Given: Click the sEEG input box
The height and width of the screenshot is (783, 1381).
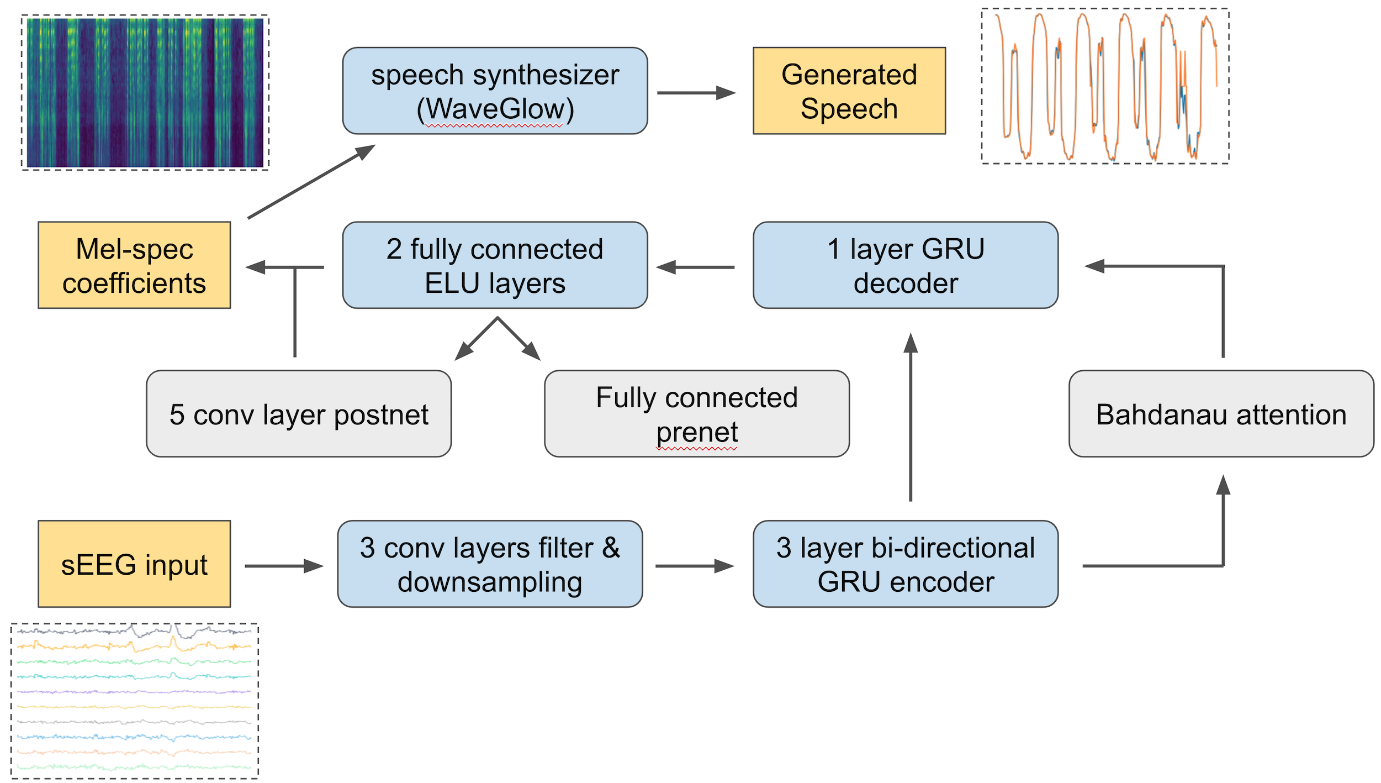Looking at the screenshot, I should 134,564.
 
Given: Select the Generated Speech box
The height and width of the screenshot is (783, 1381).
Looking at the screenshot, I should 849,91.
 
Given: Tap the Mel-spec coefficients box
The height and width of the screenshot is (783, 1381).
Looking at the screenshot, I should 134,265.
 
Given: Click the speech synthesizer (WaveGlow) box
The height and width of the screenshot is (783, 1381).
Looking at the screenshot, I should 495,91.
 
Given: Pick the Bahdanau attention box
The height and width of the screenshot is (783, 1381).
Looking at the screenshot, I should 1221,414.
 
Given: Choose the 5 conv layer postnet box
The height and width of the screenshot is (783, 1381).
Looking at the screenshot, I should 299,414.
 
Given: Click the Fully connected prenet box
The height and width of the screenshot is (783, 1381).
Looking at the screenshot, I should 696,414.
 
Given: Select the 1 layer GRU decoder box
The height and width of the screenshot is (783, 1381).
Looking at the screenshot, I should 905,265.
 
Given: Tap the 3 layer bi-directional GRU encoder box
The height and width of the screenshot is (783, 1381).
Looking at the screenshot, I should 905,564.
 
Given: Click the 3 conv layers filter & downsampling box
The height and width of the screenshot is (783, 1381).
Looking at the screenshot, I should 490,564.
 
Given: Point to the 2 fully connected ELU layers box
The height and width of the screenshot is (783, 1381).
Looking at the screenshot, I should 495,265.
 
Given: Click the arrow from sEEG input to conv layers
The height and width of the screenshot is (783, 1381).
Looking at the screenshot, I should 283,566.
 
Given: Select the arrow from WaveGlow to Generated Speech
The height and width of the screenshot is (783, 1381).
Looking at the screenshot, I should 696,93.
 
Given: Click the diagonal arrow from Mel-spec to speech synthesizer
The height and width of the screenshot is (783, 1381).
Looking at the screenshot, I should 311,182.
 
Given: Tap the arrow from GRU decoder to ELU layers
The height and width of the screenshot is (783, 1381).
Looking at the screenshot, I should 696,267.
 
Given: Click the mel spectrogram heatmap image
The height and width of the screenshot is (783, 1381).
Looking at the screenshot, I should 145,92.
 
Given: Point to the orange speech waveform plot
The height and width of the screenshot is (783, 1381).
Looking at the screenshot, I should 1104,86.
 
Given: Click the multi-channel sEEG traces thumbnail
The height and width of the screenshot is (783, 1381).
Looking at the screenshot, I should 134,701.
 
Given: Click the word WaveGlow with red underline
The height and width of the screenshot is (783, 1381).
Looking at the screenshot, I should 495,109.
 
